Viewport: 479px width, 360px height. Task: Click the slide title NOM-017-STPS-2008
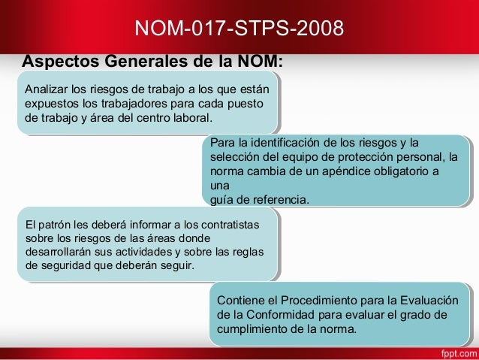pos(239,29)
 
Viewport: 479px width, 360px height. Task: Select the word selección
pos(236,157)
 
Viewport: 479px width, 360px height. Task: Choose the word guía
pos(222,200)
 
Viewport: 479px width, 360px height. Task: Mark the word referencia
pos(281,200)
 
